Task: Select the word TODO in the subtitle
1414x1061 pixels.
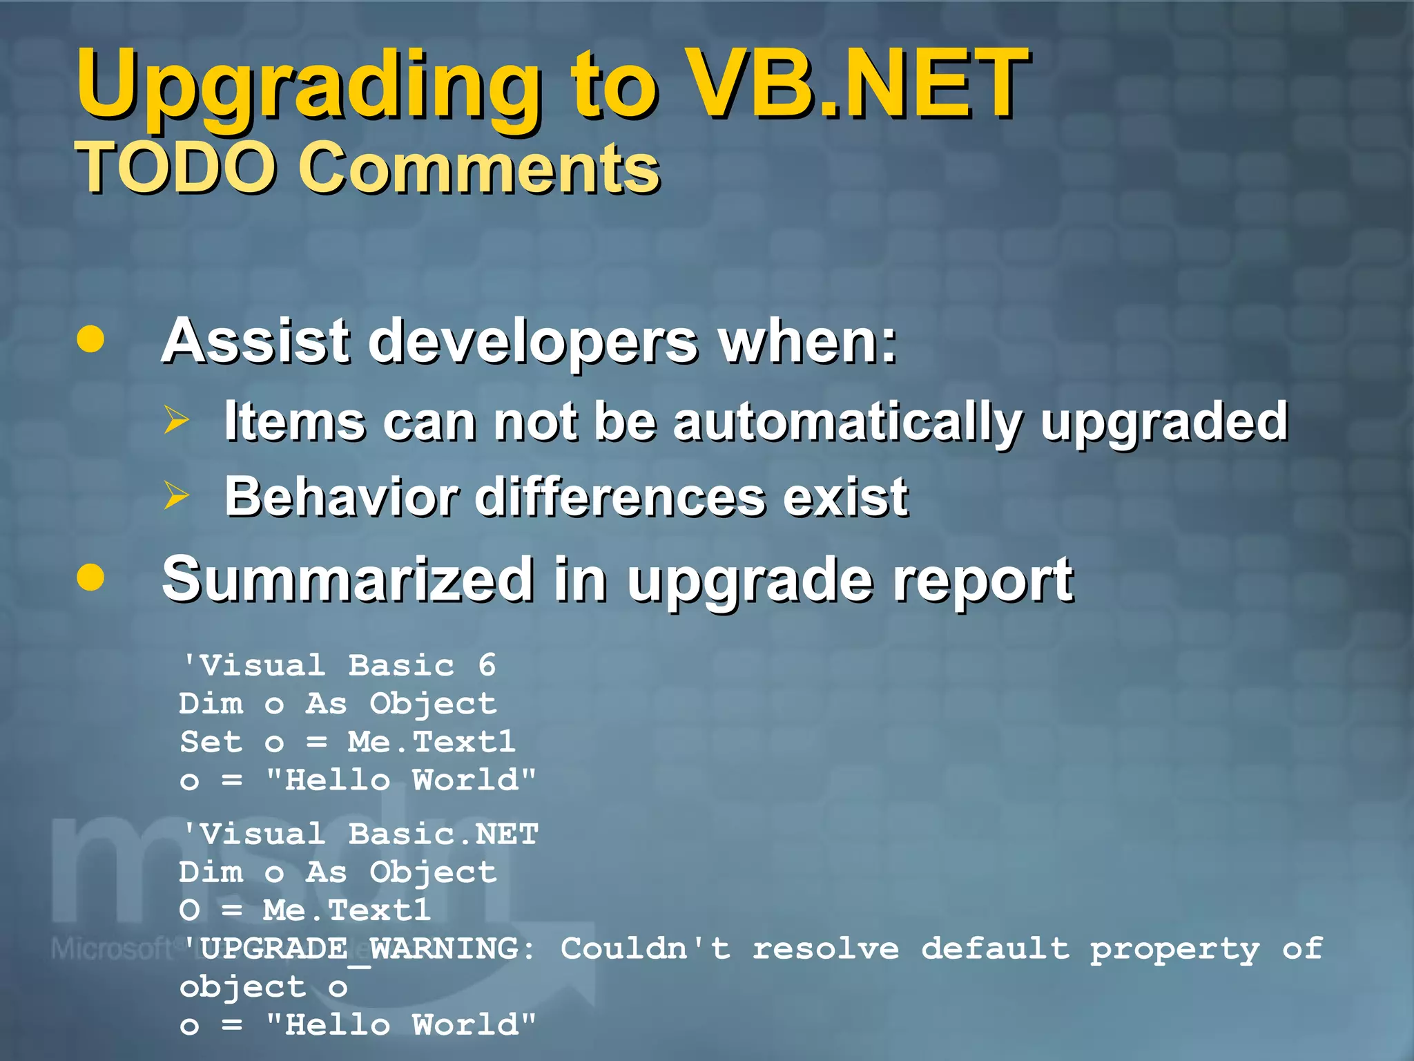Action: coord(176,168)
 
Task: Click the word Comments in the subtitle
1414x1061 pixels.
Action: coord(479,168)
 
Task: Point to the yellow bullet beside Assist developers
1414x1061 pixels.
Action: coord(90,339)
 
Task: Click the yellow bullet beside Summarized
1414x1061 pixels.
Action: coord(90,577)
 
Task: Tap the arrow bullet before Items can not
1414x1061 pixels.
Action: coord(177,420)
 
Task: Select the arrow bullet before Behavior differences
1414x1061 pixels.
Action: coord(177,495)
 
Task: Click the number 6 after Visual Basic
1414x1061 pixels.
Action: coord(487,665)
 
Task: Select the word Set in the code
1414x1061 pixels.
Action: coord(211,742)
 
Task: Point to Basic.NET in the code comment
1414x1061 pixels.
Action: coord(443,834)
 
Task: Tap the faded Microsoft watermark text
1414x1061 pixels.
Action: coord(110,948)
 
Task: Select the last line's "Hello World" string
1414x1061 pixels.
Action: coord(401,1024)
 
